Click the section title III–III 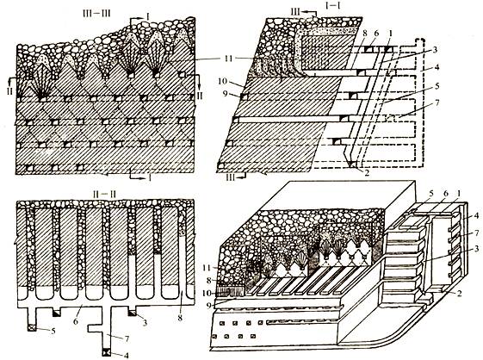point(96,14)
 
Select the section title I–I point(333,5)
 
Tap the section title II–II point(104,195)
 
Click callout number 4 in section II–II point(126,356)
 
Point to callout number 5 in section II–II point(53,332)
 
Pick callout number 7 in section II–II point(126,338)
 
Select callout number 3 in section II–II point(145,323)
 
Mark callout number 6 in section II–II point(76,321)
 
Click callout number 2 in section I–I point(366,172)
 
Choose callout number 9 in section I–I point(226,93)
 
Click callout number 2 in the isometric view point(459,293)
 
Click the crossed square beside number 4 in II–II point(108,351)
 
